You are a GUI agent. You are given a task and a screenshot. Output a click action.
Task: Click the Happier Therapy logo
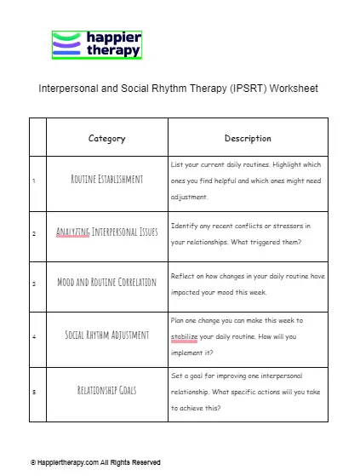click(x=96, y=44)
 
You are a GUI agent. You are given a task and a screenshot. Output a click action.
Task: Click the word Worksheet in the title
click(x=291, y=89)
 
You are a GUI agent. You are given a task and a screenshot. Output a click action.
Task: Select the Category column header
click(x=106, y=138)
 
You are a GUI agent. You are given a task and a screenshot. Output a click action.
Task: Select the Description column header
click(x=248, y=138)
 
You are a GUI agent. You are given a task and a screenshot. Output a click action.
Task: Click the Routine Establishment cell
click(x=106, y=180)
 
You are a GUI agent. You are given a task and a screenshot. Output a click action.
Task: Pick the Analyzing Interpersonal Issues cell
click(x=106, y=232)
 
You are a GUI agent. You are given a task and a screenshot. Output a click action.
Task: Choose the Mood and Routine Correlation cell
click(x=106, y=282)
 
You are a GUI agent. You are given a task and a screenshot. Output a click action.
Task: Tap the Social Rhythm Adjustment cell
click(x=106, y=334)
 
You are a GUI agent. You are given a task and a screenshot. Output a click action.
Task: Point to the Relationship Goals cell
click(x=106, y=391)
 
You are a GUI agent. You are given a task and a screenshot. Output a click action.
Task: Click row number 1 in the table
click(x=33, y=181)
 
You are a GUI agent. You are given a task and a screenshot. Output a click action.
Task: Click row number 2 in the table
click(x=33, y=232)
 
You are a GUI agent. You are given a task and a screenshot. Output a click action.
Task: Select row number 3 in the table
click(x=33, y=283)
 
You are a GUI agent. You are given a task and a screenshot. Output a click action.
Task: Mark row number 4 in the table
click(x=33, y=335)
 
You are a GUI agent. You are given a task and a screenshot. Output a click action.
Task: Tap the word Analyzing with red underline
click(x=73, y=232)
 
